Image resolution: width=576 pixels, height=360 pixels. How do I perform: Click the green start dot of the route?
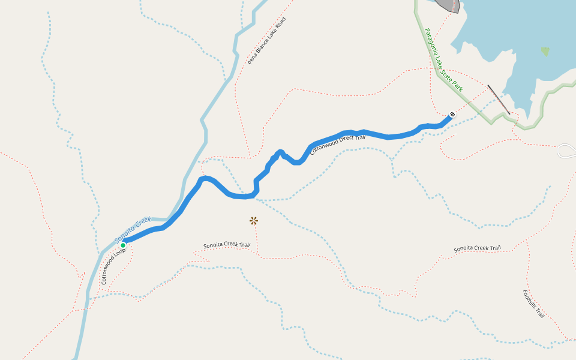[x=123, y=245]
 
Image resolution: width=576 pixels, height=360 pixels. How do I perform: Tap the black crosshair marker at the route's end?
[x=452, y=114]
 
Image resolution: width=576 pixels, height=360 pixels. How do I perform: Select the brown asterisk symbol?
[x=254, y=221]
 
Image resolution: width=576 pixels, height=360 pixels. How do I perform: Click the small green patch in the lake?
[x=545, y=52]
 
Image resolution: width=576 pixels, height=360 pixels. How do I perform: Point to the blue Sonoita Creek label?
[x=132, y=230]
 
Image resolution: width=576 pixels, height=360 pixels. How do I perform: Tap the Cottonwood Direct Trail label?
[x=337, y=145]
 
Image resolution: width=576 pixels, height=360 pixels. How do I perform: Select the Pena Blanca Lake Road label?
[x=267, y=41]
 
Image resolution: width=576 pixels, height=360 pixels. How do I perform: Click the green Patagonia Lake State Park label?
[x=444, y=59]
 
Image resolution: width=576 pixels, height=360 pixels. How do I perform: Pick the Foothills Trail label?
[x=533, y=304]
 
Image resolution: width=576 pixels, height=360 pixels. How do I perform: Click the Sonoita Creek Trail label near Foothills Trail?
[x=477, y=248]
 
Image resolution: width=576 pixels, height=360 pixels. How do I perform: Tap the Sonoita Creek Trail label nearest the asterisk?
[x=226, y=245]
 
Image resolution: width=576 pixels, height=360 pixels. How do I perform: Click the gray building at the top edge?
[x=449, y=5]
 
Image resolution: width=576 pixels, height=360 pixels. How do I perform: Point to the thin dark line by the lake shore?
[x=499, y=99]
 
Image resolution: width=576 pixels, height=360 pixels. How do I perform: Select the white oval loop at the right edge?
[x=566, y=151]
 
